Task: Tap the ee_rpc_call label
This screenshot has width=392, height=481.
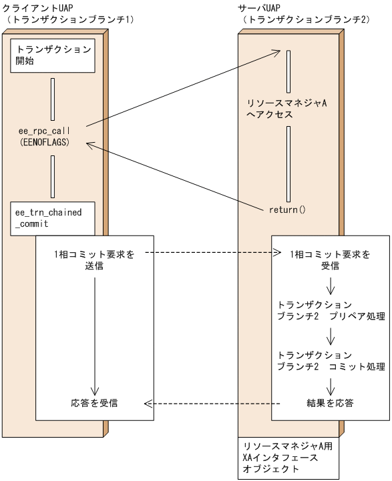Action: coord(45,131)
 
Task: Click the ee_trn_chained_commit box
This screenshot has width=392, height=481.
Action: coord(49,217)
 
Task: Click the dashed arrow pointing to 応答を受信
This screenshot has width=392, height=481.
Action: coord(214,404)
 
